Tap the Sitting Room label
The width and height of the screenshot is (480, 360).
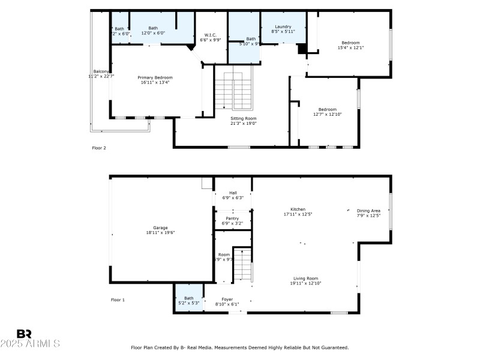coord(244,118)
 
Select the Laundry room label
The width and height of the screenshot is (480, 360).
coord(283,27)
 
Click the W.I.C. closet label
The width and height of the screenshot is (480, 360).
coord(210,35)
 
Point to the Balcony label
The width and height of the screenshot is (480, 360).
coord(100,71)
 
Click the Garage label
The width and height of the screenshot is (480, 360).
coord(160,227)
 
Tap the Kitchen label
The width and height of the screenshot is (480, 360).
coord(298,209)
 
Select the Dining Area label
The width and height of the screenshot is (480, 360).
coord(368,211)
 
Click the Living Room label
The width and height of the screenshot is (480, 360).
coord(305,278)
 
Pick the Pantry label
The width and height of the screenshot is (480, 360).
coord(232,218)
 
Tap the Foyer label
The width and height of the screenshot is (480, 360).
coord(227,299)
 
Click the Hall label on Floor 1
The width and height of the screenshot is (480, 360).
coord(233,193)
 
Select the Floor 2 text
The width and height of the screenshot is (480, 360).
coord(99,148)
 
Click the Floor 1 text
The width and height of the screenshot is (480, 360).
coord(118,299)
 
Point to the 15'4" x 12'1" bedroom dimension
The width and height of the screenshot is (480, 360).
coord(350,47)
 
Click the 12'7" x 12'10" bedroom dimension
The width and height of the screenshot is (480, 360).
coord(327,114)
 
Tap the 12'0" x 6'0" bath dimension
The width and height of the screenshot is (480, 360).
coord(153,33)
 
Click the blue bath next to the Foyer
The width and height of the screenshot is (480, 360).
coord(189,300)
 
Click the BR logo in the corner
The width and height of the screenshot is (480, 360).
coord(24,333)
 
